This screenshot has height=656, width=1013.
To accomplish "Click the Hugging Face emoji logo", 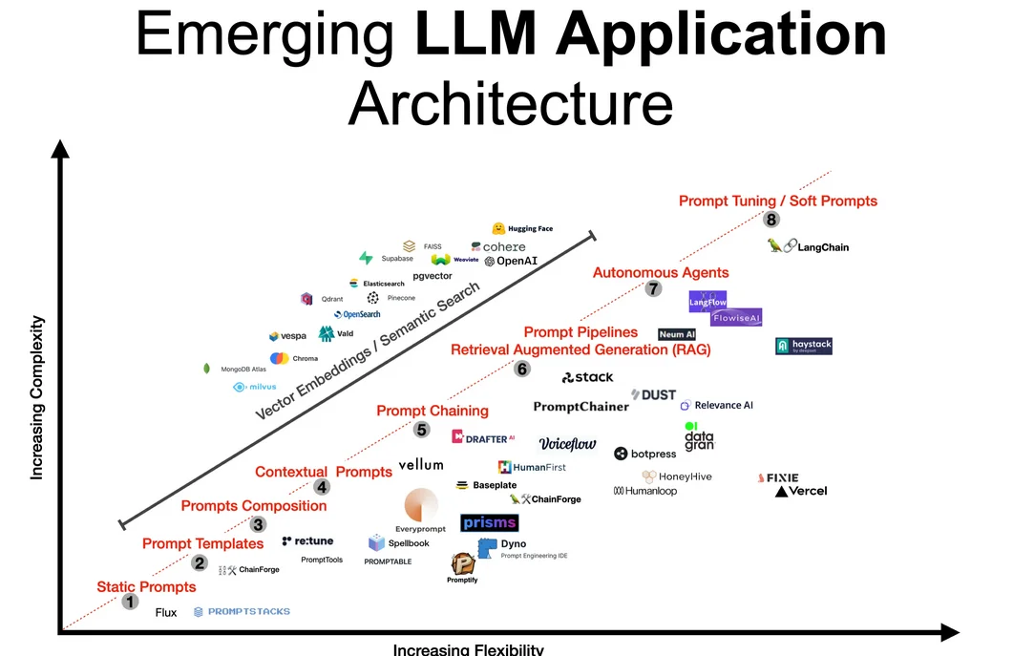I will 498,229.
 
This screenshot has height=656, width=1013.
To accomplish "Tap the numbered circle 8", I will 771,220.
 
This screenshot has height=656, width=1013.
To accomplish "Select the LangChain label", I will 822,247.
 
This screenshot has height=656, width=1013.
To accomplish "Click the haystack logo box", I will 804,346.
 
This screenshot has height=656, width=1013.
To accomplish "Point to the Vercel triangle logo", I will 782,492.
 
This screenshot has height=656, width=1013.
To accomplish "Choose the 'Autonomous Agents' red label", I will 661,273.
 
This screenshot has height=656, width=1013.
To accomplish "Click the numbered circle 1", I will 131,603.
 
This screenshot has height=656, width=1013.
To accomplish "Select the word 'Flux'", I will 166,613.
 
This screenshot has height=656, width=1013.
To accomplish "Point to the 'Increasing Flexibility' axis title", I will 468,649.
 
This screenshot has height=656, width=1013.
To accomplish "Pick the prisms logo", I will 489,522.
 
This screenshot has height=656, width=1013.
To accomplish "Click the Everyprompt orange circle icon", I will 421,506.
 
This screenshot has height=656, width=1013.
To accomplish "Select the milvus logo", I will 255,387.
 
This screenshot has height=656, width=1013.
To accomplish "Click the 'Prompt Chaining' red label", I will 433,412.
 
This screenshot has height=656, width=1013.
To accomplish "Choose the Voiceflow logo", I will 567,444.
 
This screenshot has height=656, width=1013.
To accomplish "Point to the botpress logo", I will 645,455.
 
